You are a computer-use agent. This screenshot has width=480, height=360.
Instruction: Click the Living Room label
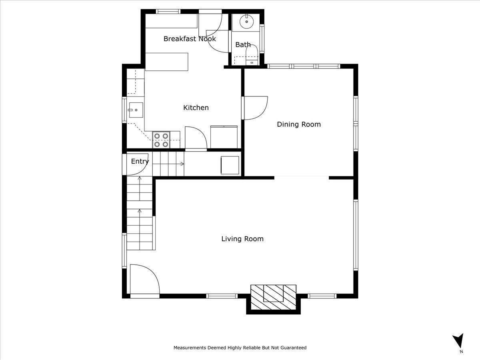click(242, 239)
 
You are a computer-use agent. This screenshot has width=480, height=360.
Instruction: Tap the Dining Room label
click(299, 124)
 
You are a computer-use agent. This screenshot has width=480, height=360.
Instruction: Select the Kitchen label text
click(196, 108)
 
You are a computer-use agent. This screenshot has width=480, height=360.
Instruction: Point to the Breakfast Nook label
click(190, 39)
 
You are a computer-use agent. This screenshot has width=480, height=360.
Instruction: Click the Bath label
click(243, 45)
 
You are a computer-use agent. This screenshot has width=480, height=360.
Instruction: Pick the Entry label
click(140, 161)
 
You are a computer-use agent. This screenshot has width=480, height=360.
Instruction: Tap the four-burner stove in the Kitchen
click(161, 140)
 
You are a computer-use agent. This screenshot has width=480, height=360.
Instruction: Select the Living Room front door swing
click(144, 280)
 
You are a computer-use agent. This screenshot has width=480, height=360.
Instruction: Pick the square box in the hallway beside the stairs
click(230, 165)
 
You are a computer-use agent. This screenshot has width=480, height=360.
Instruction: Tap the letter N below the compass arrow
click(461, 352)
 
